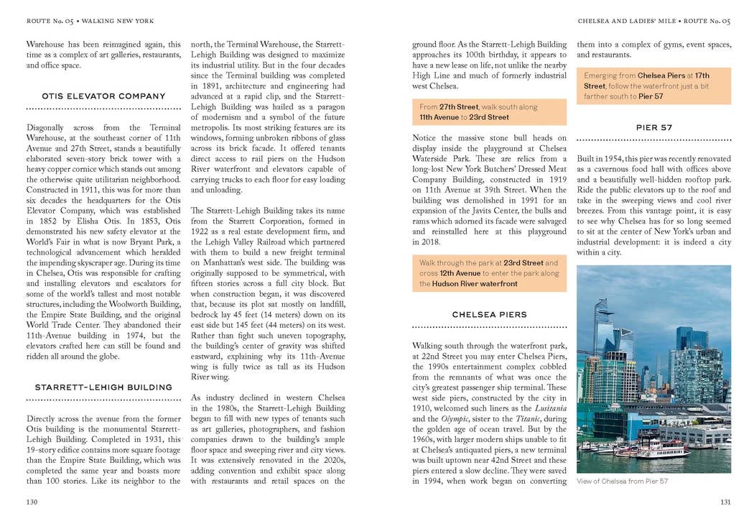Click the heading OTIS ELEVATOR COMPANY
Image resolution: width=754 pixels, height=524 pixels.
103,96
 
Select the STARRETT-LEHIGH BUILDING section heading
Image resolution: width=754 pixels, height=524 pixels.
103,387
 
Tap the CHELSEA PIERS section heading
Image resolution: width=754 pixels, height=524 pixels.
489,315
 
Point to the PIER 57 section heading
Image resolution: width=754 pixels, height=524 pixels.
653,128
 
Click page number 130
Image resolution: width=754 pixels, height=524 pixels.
32,502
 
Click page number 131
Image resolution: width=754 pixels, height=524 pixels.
725,502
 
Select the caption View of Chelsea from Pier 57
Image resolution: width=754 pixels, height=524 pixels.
622,481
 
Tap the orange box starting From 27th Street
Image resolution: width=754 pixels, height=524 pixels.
489,112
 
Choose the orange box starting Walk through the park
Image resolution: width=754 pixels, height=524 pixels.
489,273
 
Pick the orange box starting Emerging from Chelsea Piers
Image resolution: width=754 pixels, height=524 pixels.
653,86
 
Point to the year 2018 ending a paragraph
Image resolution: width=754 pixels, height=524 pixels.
424,242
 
